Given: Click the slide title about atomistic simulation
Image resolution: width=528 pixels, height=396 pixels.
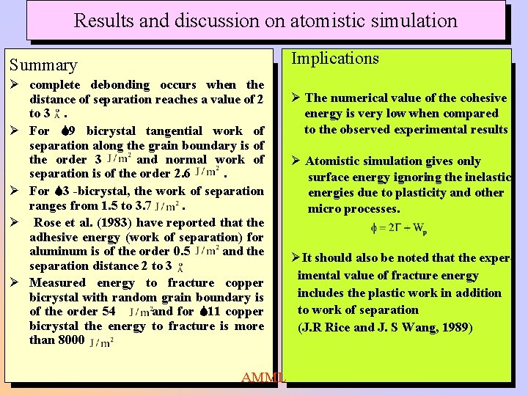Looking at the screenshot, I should click(265, 20).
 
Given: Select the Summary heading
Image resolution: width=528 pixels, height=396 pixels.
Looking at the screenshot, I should click(43, 65).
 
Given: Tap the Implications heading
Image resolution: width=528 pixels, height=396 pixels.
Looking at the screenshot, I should click(335, 59).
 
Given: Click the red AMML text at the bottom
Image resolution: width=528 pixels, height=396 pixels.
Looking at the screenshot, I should click(263, 378).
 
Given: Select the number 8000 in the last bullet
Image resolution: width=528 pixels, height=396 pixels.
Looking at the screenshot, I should click(67, 340).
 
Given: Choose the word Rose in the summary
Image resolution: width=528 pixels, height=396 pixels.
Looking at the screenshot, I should click(48, 222).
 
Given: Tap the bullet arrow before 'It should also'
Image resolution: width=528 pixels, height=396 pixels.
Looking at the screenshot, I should click(296, 257).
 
